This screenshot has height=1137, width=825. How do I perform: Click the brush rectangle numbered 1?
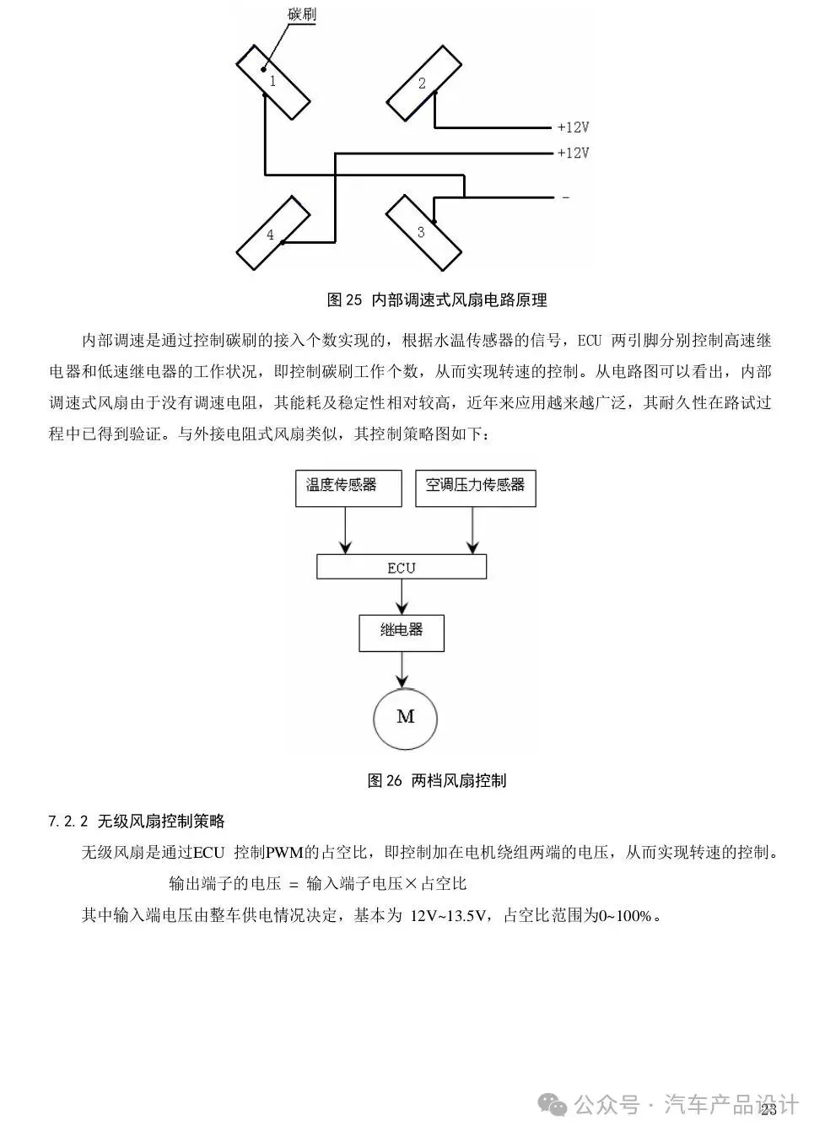(273, 82)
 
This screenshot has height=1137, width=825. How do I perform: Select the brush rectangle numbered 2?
(424, 83)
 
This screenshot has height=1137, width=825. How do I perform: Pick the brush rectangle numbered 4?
(271, 234)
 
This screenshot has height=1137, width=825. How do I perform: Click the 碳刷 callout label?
(301, 14)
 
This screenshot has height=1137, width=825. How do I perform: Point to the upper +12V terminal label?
(573, 127)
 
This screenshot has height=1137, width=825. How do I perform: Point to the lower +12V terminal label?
(573, 154)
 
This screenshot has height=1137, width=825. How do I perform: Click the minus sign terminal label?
(565, 197)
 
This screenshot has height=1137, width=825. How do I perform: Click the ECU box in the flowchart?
(402, 568)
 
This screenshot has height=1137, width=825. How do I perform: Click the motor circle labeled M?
(405, 718)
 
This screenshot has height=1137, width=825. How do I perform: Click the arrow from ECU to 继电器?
(402, 597)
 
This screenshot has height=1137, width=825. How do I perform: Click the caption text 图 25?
(344, 299)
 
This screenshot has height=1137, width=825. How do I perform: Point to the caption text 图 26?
(385, 780)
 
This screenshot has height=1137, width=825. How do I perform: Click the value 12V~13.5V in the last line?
(449, 916)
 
